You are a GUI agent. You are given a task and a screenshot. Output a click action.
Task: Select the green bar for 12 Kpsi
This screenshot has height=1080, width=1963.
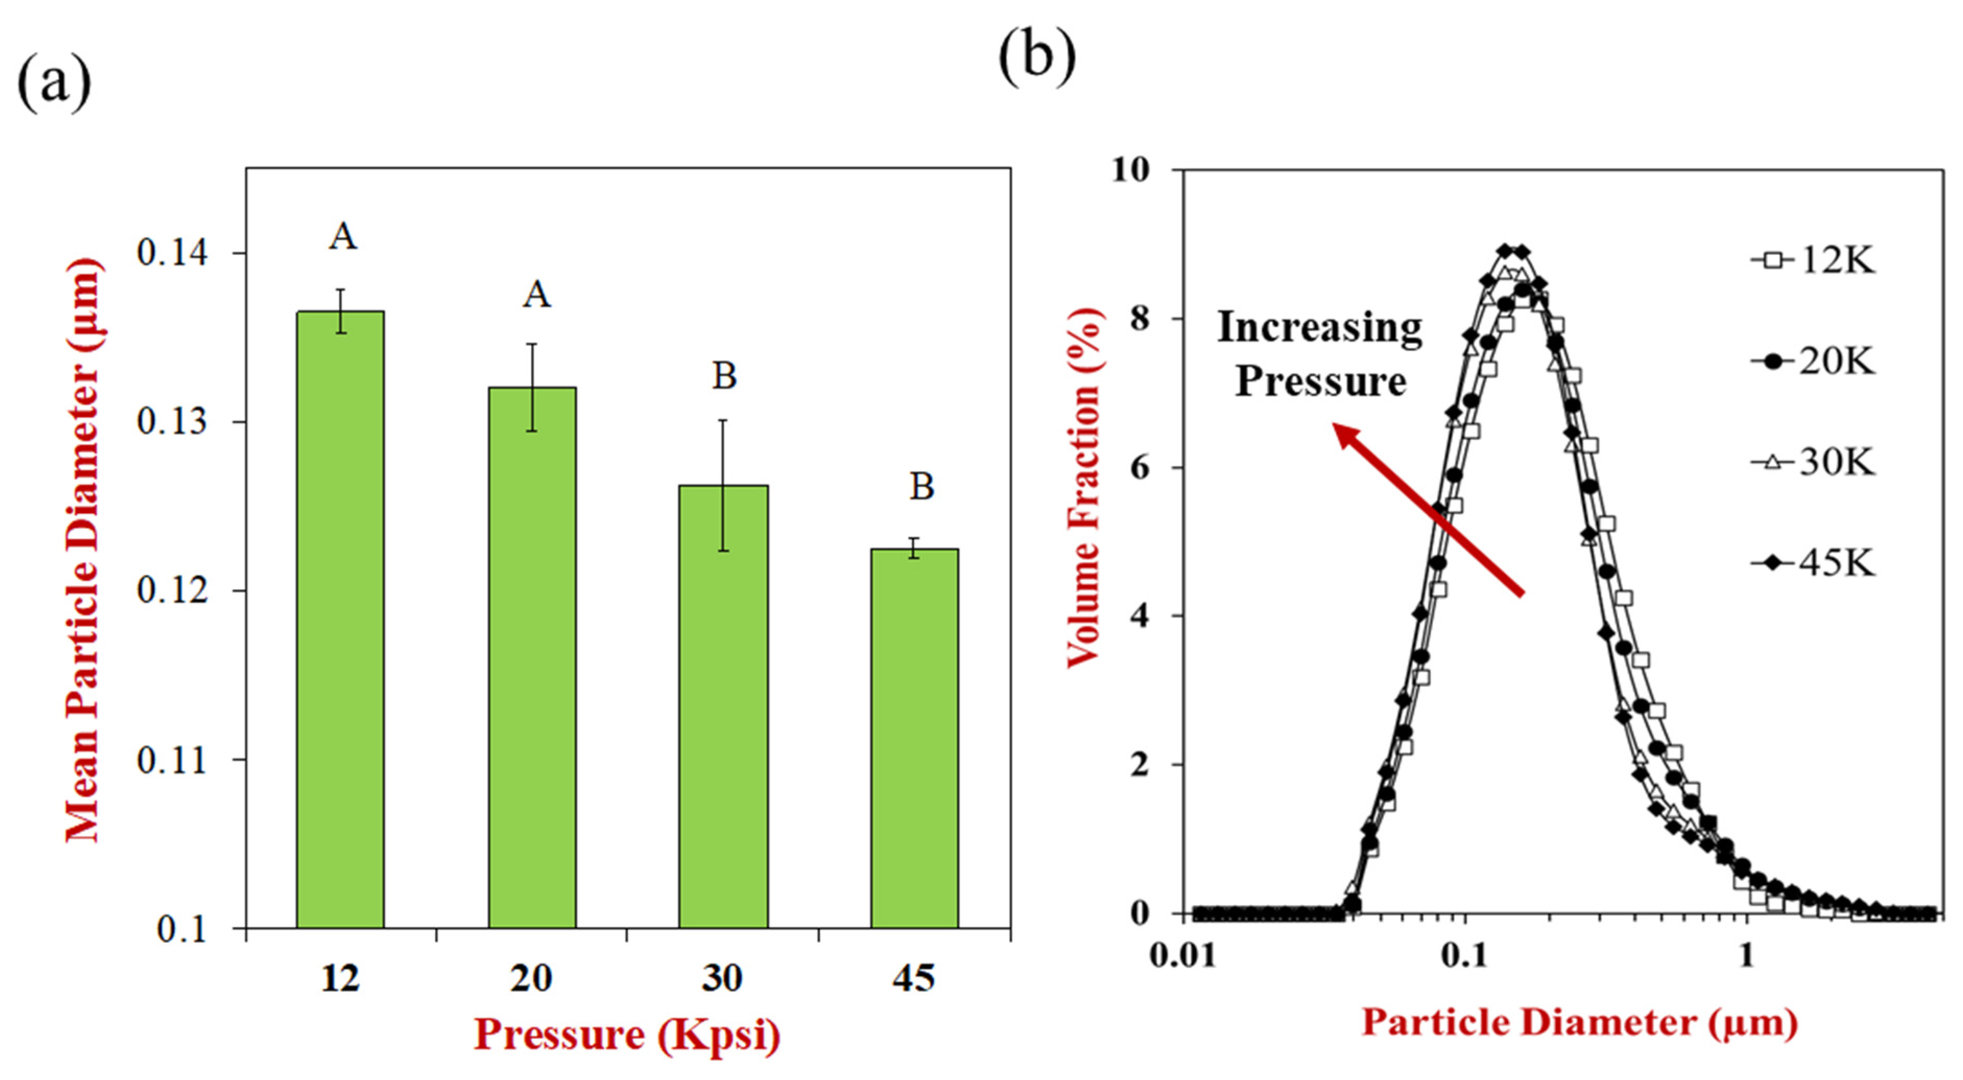click(340, 619)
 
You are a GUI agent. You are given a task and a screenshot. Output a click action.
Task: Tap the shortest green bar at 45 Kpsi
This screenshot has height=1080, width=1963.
click(914, 738)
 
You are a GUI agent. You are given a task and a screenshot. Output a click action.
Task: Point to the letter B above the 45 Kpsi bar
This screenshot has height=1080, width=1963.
click(921, 486)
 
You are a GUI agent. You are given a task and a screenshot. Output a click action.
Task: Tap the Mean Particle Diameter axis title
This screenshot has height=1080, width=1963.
click(82, 549)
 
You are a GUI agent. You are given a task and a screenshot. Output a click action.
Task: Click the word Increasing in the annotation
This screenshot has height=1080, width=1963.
click(1319, 328)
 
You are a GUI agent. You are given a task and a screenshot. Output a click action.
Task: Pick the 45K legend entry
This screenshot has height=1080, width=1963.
click(1814, 563)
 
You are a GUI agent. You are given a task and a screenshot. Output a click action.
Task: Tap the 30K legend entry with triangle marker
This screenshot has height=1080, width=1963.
click(1814, 462)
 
